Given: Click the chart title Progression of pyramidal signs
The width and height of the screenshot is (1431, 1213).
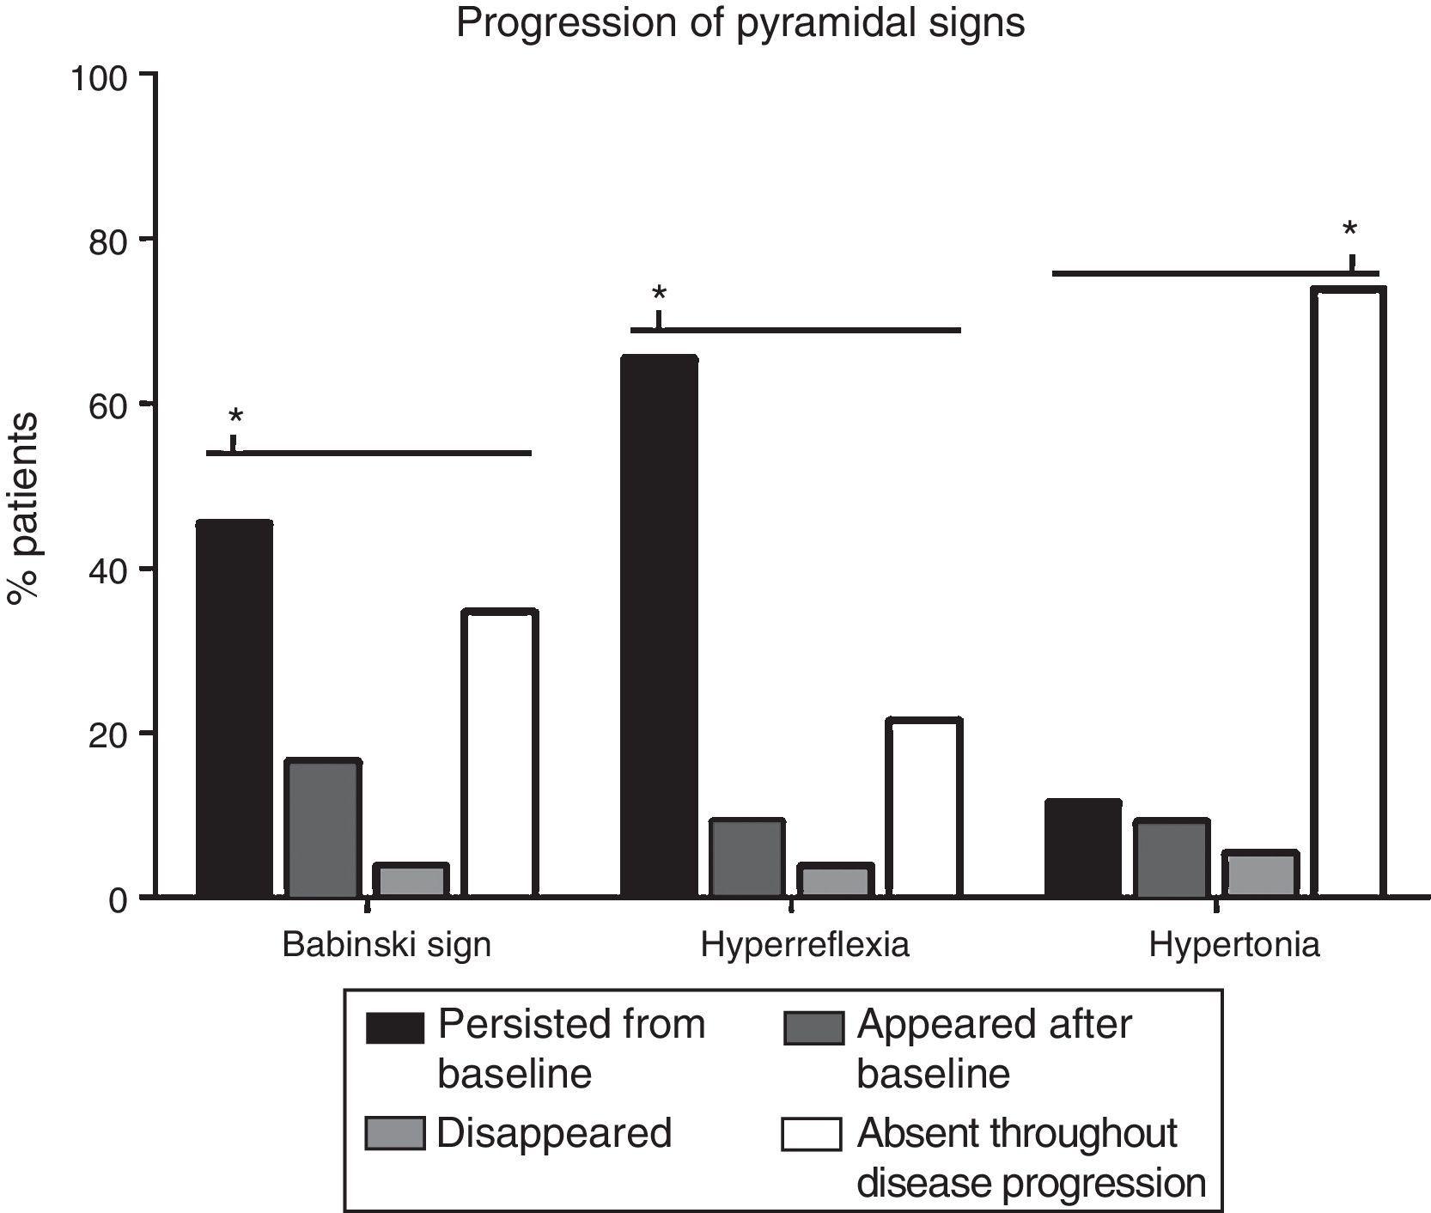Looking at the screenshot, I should coord(740,23).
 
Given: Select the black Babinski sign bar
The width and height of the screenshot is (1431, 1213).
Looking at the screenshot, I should coord(234,709).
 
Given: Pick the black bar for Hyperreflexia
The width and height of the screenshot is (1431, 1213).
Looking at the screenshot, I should coord(659,627).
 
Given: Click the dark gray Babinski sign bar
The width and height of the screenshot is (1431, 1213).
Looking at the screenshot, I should coord(322,829).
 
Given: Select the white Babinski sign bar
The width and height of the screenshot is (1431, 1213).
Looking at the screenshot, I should coord(499,754).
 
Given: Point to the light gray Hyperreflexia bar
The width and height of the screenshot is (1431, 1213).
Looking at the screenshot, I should coord(835,881).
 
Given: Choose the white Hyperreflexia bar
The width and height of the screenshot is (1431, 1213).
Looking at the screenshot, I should coord(923,808).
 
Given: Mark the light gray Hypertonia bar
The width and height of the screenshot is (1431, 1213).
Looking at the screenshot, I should coord(1260,875).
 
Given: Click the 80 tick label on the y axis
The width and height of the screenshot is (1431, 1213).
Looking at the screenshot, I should coord(110,240).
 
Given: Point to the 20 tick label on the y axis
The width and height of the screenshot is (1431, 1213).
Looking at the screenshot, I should coord(110,735).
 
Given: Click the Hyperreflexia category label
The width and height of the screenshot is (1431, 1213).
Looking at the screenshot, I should coord(805,946).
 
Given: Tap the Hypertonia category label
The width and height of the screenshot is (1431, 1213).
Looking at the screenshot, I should coord(1233,946).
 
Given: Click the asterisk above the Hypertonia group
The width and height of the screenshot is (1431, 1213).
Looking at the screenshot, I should coord(1350,229).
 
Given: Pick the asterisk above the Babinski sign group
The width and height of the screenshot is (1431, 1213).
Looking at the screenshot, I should coord(235,418).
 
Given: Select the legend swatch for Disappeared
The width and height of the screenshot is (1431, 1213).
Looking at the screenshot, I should coord(395,1134).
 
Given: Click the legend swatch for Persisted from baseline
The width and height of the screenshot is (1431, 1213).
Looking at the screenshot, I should coord(395,1027).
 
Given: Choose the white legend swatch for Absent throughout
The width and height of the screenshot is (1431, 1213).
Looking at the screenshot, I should coord(811,1134).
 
